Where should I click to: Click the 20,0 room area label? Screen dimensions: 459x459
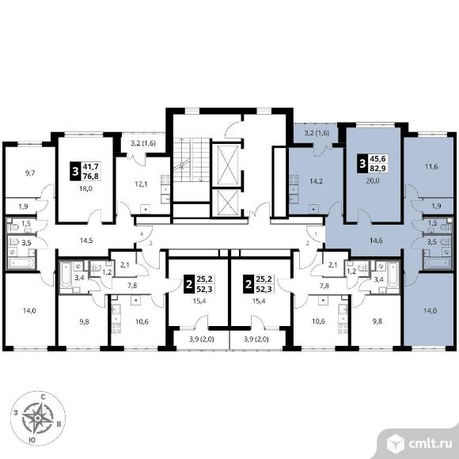tap(373, 181)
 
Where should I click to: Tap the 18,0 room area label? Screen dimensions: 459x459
tap(85, 189)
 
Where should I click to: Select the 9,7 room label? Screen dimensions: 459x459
tap(30, 173)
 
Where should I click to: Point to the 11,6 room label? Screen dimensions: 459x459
tap(431, 167)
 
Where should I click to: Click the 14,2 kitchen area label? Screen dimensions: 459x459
tap(317, 181)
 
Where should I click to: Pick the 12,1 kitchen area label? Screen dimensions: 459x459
tap(141, 184)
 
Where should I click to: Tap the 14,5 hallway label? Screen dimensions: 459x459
tap(86, 241)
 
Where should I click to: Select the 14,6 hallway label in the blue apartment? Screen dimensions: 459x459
tap(376, 241)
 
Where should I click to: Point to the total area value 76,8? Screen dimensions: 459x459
tap(91, 176)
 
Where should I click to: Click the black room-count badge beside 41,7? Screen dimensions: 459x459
tap(75, 171)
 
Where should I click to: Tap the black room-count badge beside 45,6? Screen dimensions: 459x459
tap(362, 163)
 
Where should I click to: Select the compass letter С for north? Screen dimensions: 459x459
tap(43, 397)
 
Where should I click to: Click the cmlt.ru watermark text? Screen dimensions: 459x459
tap(430, 444)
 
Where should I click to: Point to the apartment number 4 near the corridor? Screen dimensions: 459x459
tap(142, 234)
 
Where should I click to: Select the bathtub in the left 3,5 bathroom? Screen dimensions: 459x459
tap(21, 263)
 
